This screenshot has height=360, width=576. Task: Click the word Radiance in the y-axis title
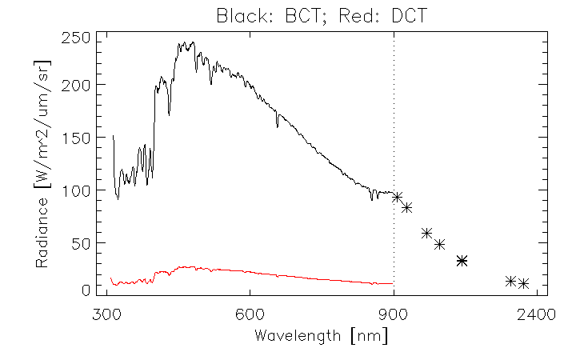point(42,232)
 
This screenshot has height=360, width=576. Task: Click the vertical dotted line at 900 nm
point(394,120)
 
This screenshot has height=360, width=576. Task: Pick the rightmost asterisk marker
point(524,283)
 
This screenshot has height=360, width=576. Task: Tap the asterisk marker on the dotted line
point(396,197)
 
